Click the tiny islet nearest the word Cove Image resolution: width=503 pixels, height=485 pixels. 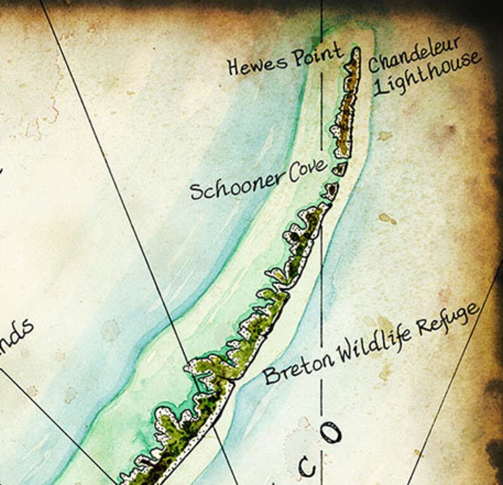(340, 168)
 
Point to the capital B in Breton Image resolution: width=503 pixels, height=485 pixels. (271, 375)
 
